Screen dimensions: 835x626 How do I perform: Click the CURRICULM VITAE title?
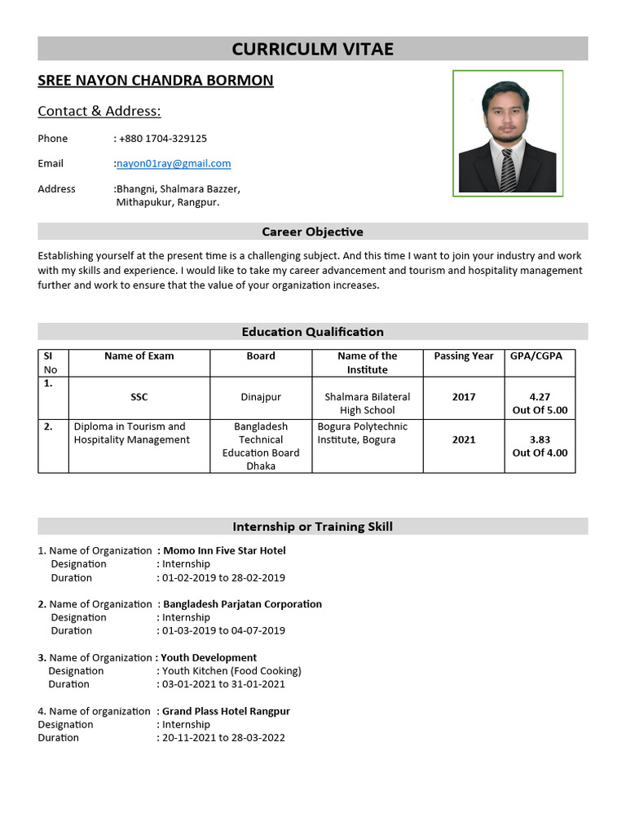tap(312, 49)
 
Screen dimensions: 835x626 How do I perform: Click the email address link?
tap(174, 163)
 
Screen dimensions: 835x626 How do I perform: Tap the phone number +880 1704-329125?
tap(163, 139)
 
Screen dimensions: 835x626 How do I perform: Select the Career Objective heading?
tap(312, 232)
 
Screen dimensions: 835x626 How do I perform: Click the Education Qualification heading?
tap(312, 332)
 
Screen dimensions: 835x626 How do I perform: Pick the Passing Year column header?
tap(463, 356)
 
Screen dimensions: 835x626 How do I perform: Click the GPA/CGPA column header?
tap(540, 356)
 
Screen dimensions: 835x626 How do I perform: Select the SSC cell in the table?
tap(139, 397)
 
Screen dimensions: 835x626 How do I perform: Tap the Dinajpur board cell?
tap(261, 397)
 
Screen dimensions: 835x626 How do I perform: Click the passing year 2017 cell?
tap(463, 397)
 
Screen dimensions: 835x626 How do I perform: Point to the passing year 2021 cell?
tap(463, 440)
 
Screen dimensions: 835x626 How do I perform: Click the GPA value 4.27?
tap(540, 397)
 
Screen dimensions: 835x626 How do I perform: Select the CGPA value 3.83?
tap(540, 440)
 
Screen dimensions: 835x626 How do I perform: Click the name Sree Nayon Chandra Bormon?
tap(156, 81)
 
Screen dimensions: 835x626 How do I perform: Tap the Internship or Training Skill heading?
tap(312, 527)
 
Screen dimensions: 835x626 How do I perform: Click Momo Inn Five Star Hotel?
tap(224, 550)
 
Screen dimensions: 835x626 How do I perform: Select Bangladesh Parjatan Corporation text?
tap(242, 604)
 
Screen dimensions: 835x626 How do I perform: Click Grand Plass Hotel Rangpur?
tap(226, 711)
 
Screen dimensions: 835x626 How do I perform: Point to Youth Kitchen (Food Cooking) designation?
tap(231, 671)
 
